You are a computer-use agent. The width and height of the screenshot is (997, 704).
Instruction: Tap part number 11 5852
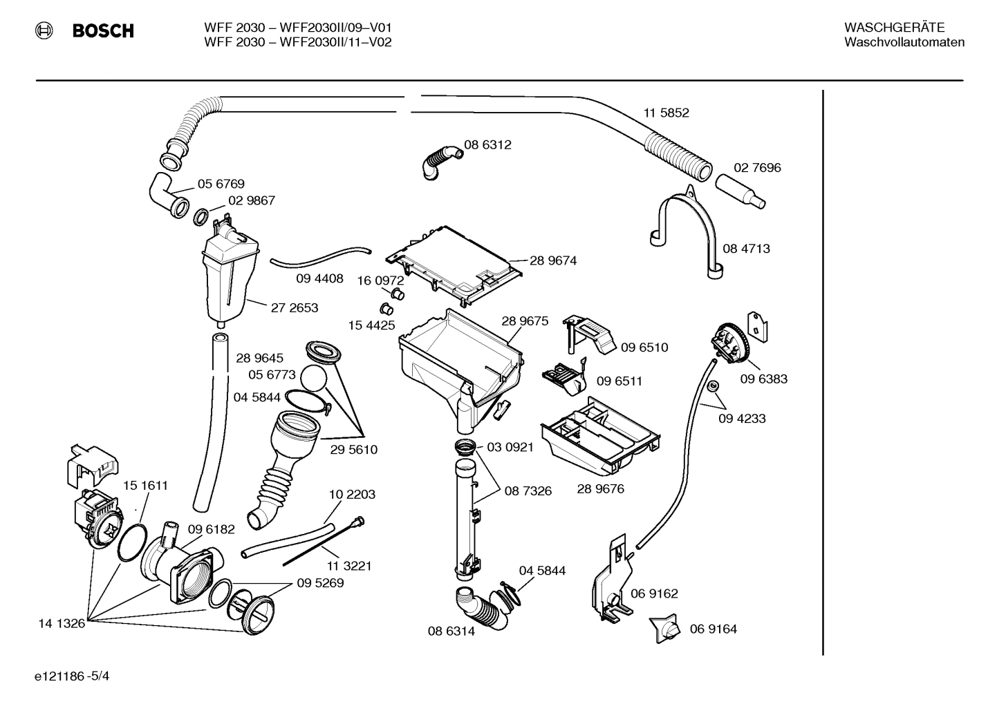pos(666,113)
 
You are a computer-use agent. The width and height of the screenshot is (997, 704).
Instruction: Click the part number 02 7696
pos(757,168)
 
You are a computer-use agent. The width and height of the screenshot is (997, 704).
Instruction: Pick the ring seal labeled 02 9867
pos(200,217)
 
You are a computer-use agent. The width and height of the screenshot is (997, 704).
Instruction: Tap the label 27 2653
pos(294,308)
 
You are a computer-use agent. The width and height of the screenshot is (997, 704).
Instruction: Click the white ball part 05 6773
pos(317,380)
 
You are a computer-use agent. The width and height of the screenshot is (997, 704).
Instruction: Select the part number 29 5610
pos(353,450)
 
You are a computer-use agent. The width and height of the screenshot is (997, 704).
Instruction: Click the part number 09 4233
pos(742,419)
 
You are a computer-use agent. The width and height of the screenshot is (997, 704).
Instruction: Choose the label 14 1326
pos(61,623)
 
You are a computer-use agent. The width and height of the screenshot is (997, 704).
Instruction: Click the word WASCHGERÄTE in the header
pos(894,27)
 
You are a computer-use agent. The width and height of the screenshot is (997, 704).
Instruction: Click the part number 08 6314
pos(451,631)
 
